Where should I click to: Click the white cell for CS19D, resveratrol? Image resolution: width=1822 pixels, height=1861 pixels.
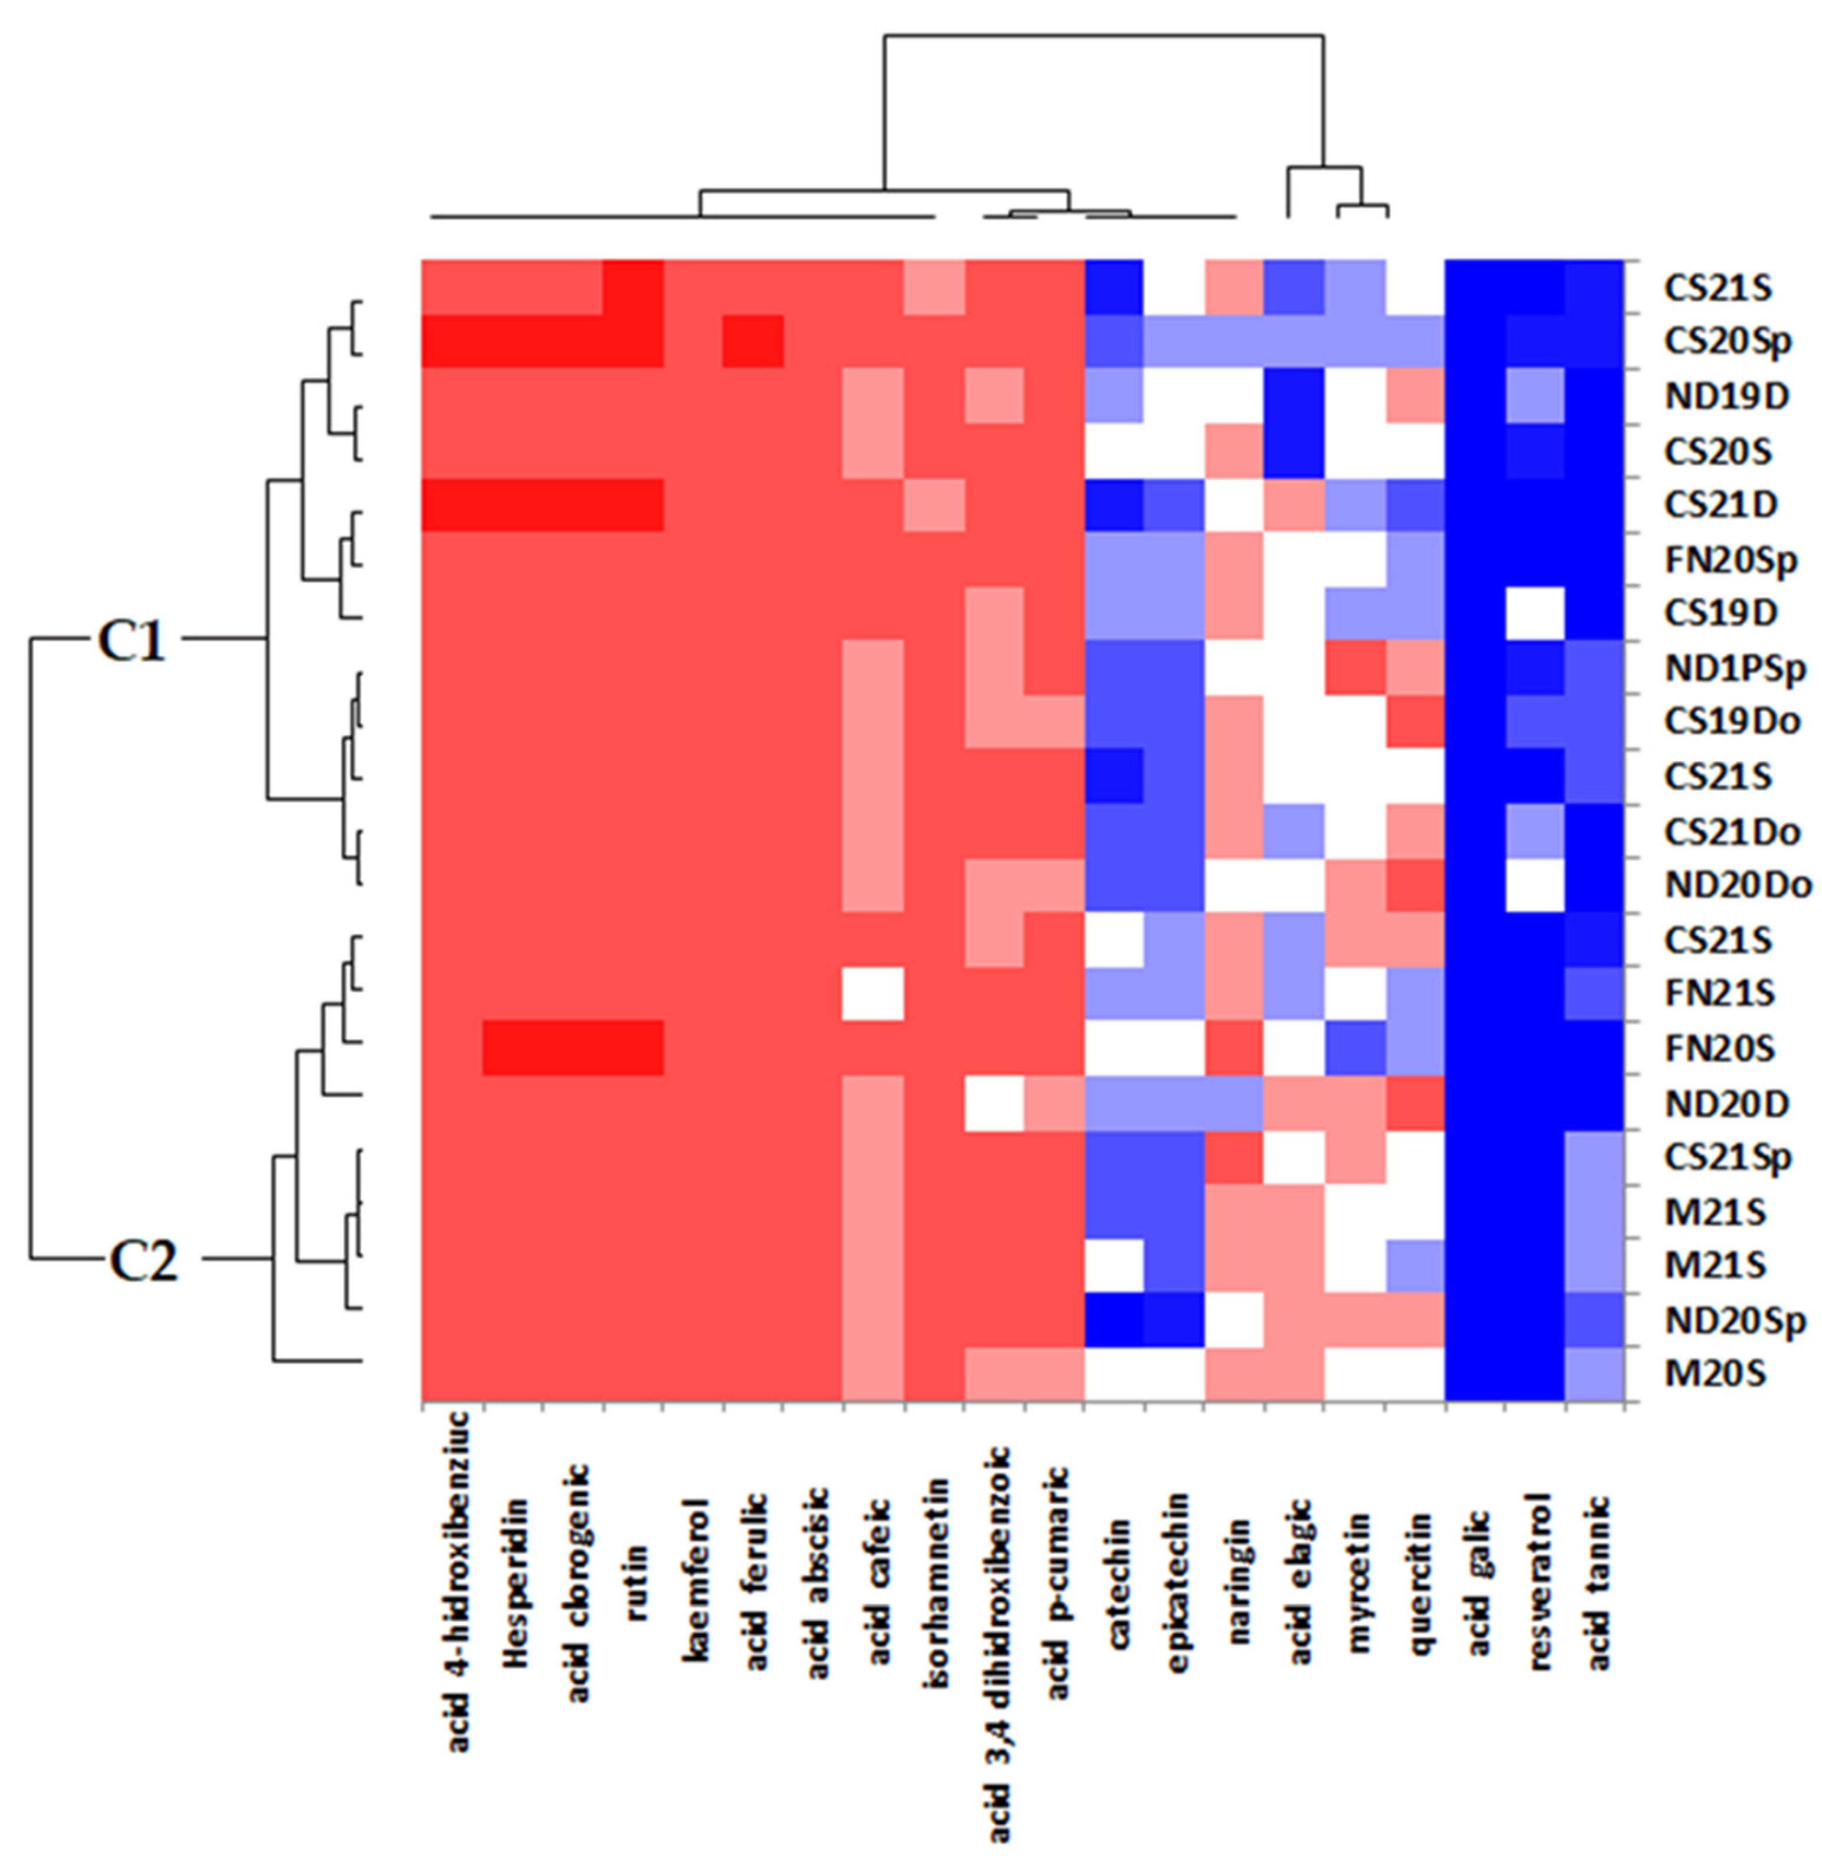click(x=1536, y=614)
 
